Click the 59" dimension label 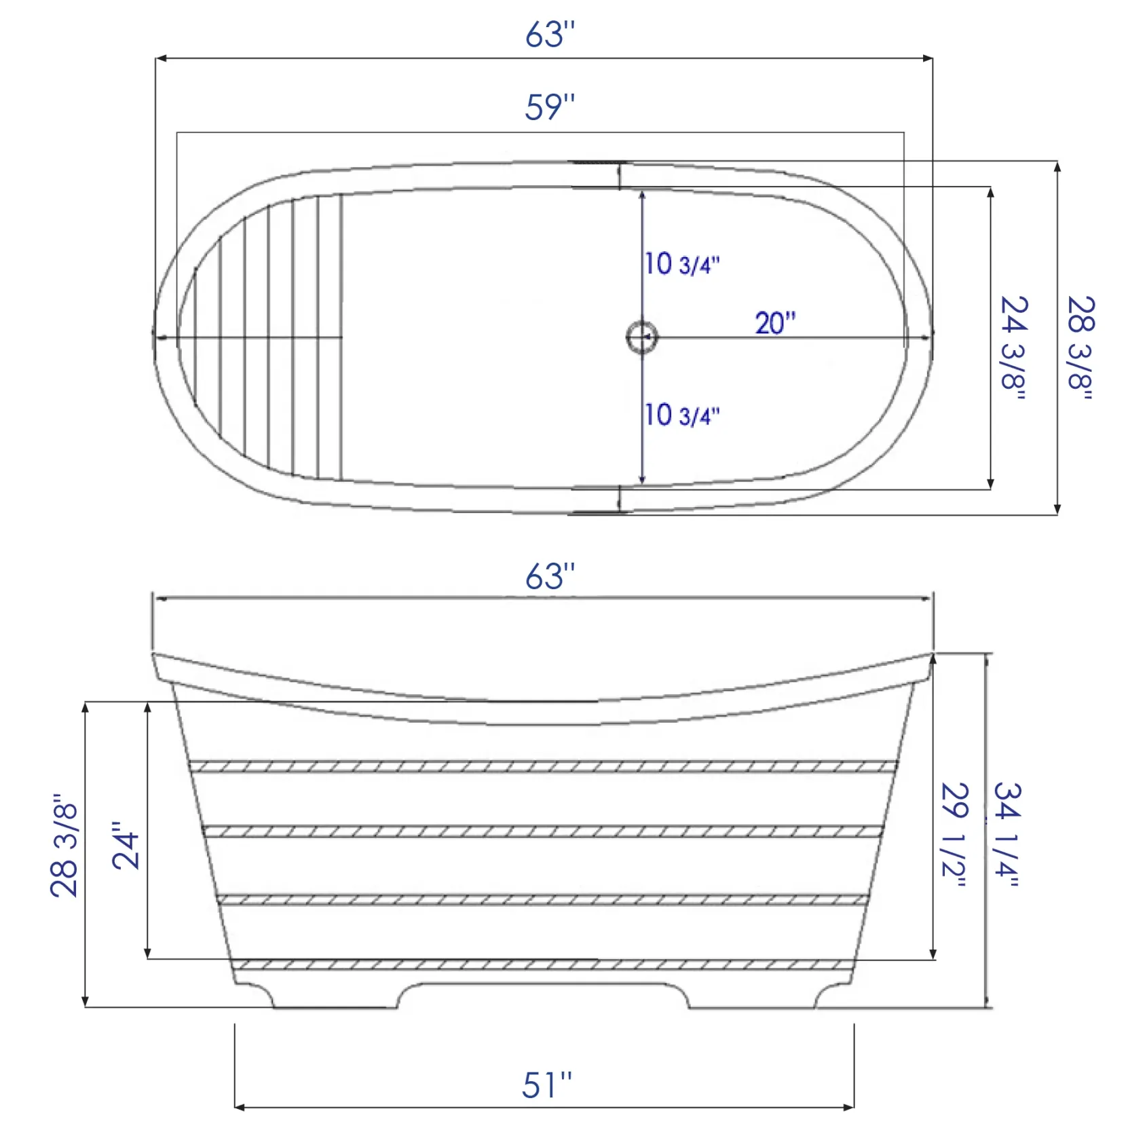click(550, 107)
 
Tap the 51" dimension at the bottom click(547, 1085)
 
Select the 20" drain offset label click(775, 323)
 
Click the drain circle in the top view click(641, 337)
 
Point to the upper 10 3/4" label click(681, 264)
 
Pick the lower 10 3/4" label click(681, 415)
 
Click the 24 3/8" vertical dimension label click(1014, 347)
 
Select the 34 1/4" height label click(1007, 835)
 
